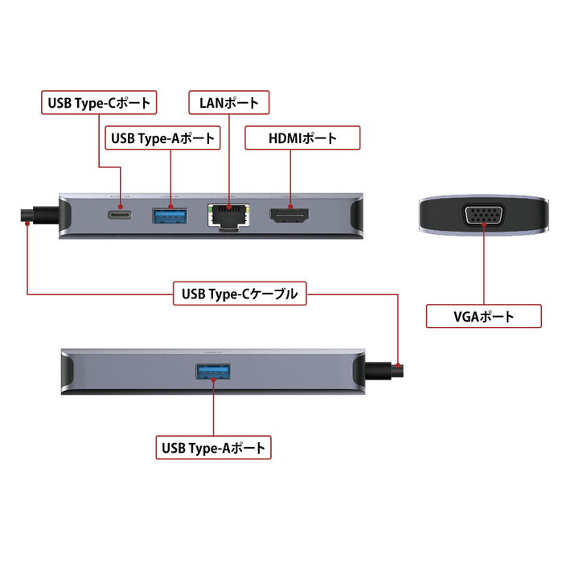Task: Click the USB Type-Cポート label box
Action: pyautogui.click(x=97, y=102)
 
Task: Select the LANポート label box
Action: pyautogui.click(x=229, y=102)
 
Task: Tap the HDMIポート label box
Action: pyautogui.click(x=302, y=138)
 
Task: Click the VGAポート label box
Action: pyautogui.click(x=484, y=316)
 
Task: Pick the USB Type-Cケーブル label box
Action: pyautogui.click(x=240, y=294)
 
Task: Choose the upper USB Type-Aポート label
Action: pyautogui.click(x=163, y=138)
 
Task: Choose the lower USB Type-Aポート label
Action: pyautogui.click(x=215, y=448)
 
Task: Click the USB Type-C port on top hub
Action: pyautogui.click(x=121, y=215)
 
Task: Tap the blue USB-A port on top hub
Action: pyautogui.click(x=171, y=215)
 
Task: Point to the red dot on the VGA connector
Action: pyautogui.click(x=484, y=223)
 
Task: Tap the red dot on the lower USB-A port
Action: pyautogui.click(x=215, y=378)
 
